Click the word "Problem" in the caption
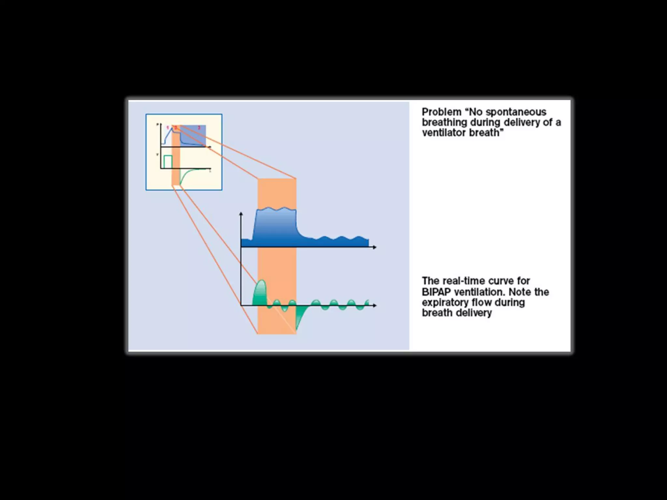click(x=441, y=112)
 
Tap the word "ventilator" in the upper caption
click(x=444, y=133)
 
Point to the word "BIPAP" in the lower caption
click(x=436, y=292)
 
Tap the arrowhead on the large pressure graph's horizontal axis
click(x=375, y=247)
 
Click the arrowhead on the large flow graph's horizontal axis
click(x=375, y=305)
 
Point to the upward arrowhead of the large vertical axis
click(x=241, y=214)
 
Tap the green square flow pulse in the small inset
click(x=168, y=162)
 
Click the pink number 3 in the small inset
click(x=199, y=128)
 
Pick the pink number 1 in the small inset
click(x=168, y=128)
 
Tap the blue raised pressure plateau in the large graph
click(x=276, y=225)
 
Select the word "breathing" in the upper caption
click(x=445, y=123)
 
